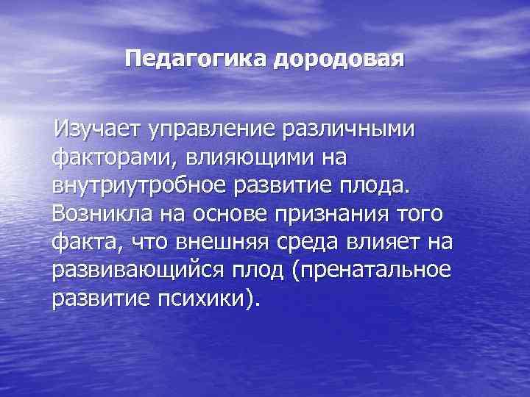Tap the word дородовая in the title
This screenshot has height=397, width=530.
pos(339,59)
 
